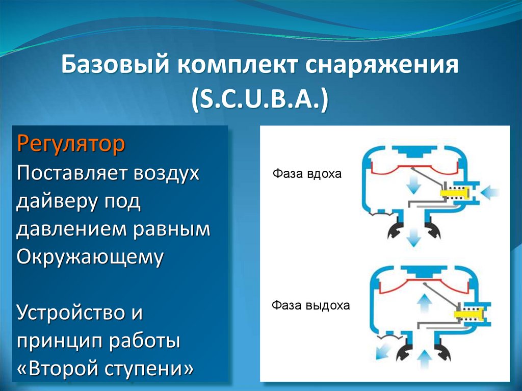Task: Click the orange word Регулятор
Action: [x=71, y=144]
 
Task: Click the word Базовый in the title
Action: [x=115, y=66]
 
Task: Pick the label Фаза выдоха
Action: [x=310, y=306]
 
